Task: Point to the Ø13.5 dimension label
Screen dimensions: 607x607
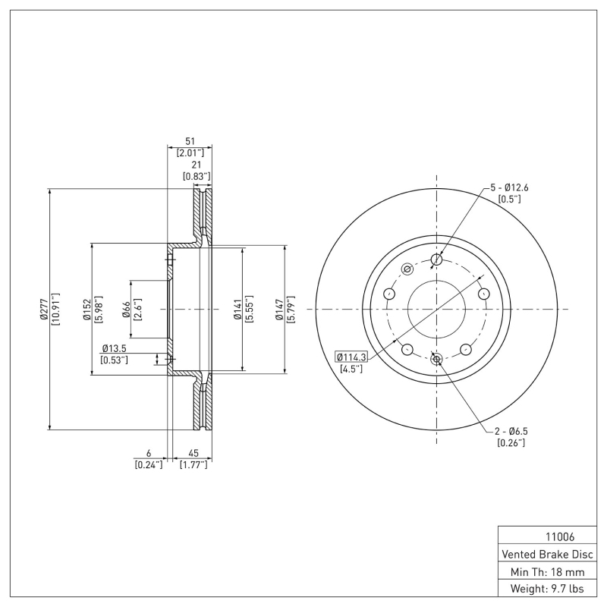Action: point(113,348)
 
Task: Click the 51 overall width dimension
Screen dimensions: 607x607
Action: point(190,141)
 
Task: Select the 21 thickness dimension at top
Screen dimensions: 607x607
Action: point(196,165)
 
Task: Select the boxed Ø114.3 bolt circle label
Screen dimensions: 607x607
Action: point(351,357)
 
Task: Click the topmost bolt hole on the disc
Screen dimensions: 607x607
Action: point(436,260)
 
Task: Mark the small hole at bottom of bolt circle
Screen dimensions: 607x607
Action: point(436,358)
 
